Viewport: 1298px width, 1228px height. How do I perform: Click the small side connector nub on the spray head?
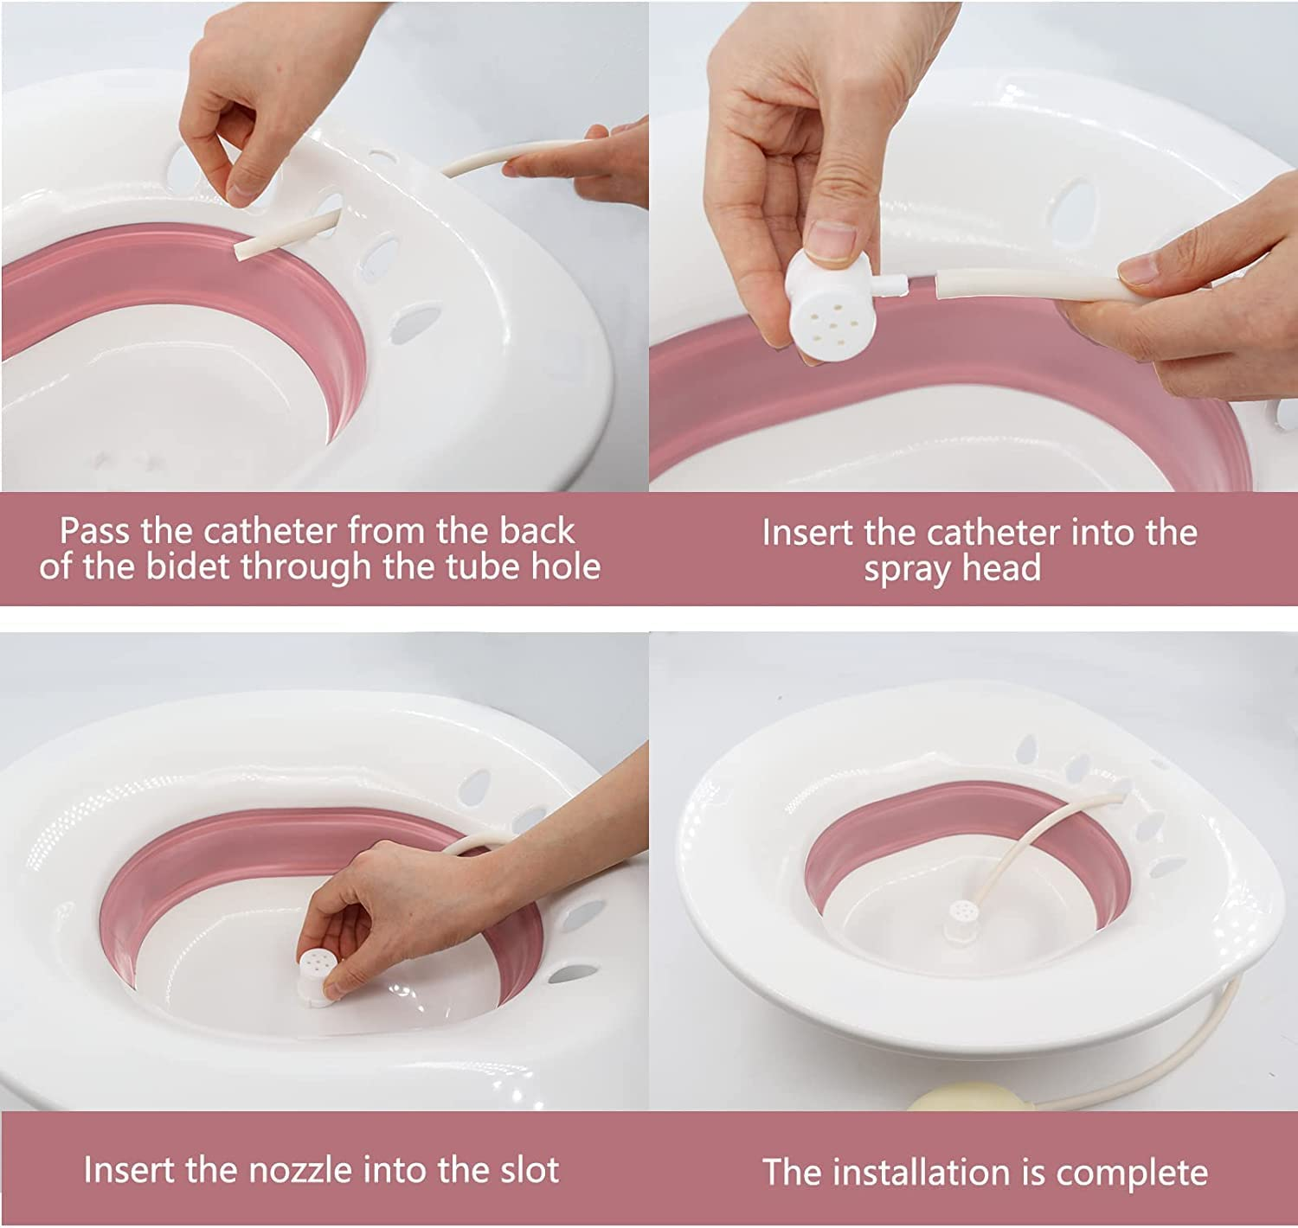[893, 283]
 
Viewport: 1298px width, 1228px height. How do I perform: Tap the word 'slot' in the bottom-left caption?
[529, 1170]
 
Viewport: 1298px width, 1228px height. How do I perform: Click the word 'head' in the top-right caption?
[1006, 570]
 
